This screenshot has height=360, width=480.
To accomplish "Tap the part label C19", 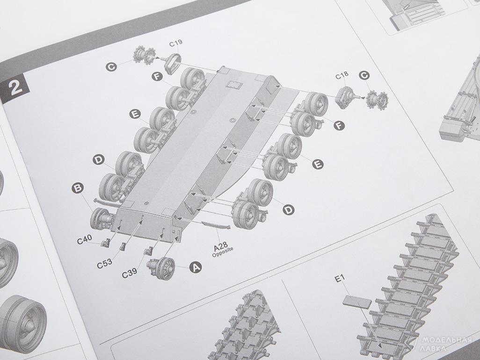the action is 176,43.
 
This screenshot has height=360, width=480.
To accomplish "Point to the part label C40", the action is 84,240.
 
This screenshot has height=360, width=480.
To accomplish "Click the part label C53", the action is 105,264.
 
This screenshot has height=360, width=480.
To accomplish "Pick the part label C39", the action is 130,274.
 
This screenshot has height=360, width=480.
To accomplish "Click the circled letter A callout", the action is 196,267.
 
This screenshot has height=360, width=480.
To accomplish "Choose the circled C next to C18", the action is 364,75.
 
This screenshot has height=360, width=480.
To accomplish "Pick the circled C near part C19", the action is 111,67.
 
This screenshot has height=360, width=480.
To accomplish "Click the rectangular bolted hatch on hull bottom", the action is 234,84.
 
